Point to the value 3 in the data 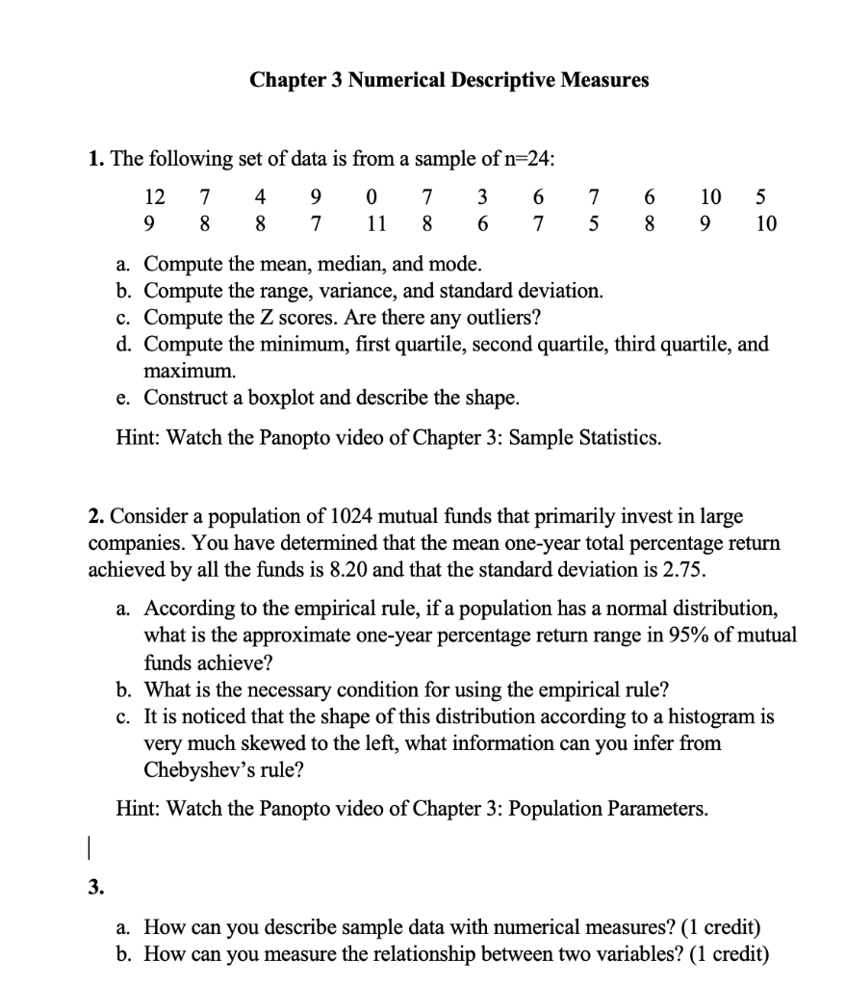pos(482,198)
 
